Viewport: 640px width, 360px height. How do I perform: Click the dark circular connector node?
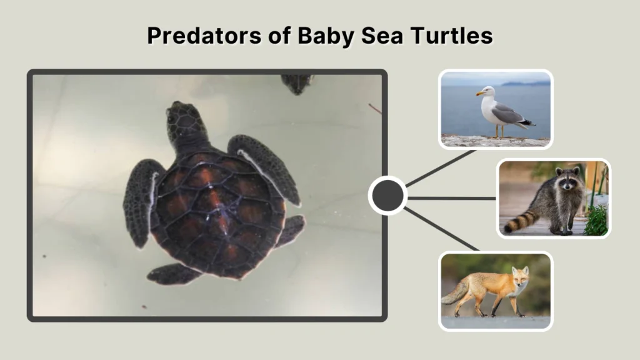387,196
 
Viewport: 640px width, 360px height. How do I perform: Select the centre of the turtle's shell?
216,212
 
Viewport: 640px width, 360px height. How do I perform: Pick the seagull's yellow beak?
479,94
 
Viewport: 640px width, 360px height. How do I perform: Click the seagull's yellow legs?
499,131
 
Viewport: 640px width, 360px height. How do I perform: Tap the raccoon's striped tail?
520,221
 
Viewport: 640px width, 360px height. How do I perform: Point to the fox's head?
519,277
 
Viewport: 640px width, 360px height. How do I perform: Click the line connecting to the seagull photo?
441,167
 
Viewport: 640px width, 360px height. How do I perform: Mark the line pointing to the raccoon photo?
451,198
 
